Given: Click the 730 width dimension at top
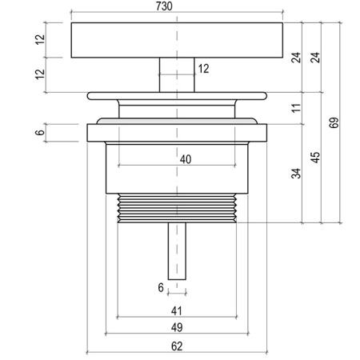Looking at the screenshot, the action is pyautogui.click(x=164, y=6).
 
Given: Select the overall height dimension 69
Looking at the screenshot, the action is pyautogui.click(x=334, y=122).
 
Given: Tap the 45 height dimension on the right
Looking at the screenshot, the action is pyautogui.click(x=315, y=158).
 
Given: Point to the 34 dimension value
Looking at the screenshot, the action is pyautogui.click(x=296, y=174).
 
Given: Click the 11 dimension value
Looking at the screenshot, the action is pyautogui.click(x=296, y=108).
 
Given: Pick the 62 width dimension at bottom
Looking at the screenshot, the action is pyautogui.click(x=177, y=346).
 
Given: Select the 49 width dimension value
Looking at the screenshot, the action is pyautogui.click(x=177, y=327).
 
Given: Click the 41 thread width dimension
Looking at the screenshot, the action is pyautogui.click(x=177, y=311).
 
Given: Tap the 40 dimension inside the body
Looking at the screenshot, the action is pyautogui.click(x=186, y=159).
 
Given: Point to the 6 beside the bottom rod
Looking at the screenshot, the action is pyautogui.click(x=161, y=288).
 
